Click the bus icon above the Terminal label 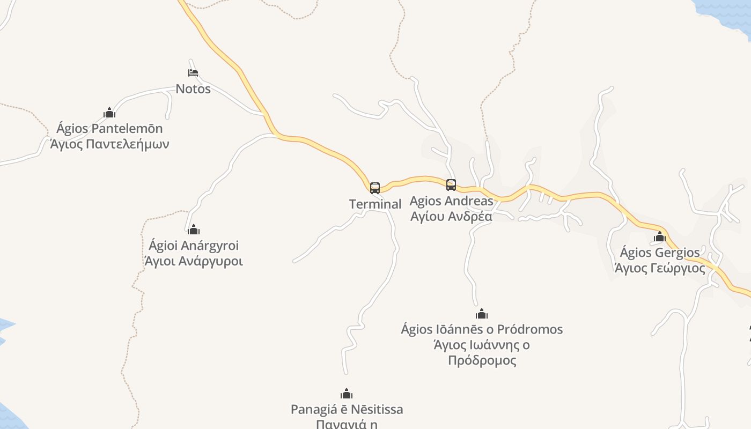[375, 188]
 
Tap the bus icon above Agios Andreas [451, 185]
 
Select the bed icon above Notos [193, 72]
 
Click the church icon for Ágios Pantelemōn [109, 113]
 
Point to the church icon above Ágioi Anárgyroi [194, 230]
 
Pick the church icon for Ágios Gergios [660, 236]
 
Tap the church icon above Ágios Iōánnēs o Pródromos [482, 314]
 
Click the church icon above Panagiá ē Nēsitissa [347, 394]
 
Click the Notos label [193, 89]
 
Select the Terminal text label [375, 204]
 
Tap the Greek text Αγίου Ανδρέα [451, 217]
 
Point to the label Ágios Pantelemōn [109, 129]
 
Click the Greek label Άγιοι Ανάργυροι [194, 262]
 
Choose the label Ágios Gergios [660, 253]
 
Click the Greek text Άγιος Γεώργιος [660, 268]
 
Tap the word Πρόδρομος [482, 360]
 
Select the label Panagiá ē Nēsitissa [347, 410]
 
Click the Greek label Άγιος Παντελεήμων [109, 144]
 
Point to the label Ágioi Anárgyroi [194, 246]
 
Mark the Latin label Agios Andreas [451, 201]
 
